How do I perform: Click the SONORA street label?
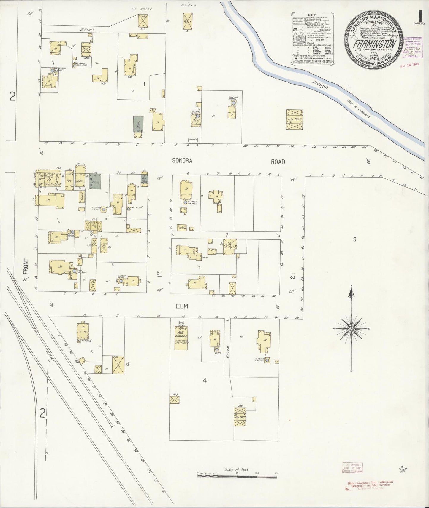point(182,161)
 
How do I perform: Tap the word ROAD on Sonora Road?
point(278,162)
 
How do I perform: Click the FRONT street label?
point(26,266)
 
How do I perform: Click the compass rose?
point(351,329)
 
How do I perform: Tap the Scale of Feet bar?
point(237,476)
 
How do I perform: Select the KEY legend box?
point(312,39)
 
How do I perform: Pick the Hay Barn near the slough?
point(294,119)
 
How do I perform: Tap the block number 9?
point(354,240)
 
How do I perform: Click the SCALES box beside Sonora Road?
point(193,139)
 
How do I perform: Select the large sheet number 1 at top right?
point(419,8)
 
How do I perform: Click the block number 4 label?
point(204,381)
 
